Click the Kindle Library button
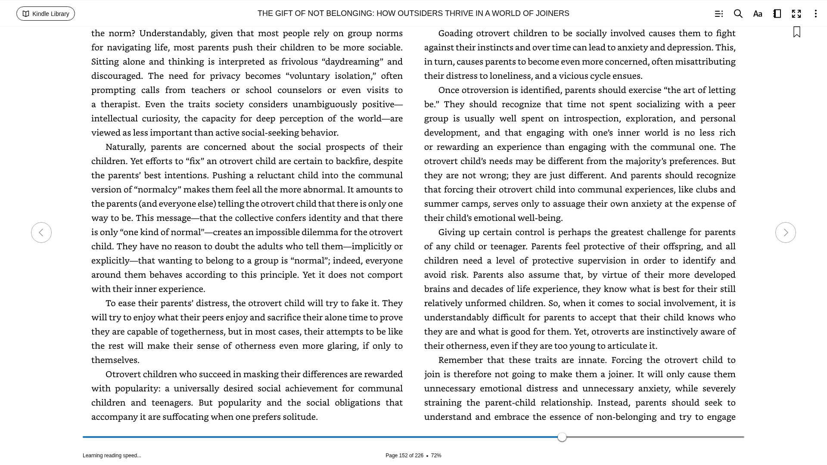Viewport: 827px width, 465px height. (x=46, y=14)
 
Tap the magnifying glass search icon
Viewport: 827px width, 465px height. (x=738, y=14)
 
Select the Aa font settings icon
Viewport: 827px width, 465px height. (x=757, y=14)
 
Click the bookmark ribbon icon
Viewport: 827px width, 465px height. (x=796, y=32)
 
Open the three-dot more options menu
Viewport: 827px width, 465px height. (x=815, y=14)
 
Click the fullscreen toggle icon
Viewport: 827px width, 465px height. (x=796, y=14)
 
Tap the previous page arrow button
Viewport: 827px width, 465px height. (x=41, y=232)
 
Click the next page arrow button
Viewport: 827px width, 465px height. (x=785, y=232)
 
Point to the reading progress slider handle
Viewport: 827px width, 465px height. (x=562, y=437)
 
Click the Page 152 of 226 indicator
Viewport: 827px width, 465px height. (x=404, y=456)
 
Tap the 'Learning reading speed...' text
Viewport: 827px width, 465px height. (x=112, y=456)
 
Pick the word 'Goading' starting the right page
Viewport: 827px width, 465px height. (x=455, y=33)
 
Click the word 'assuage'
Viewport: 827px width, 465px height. (x=569, y=204)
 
